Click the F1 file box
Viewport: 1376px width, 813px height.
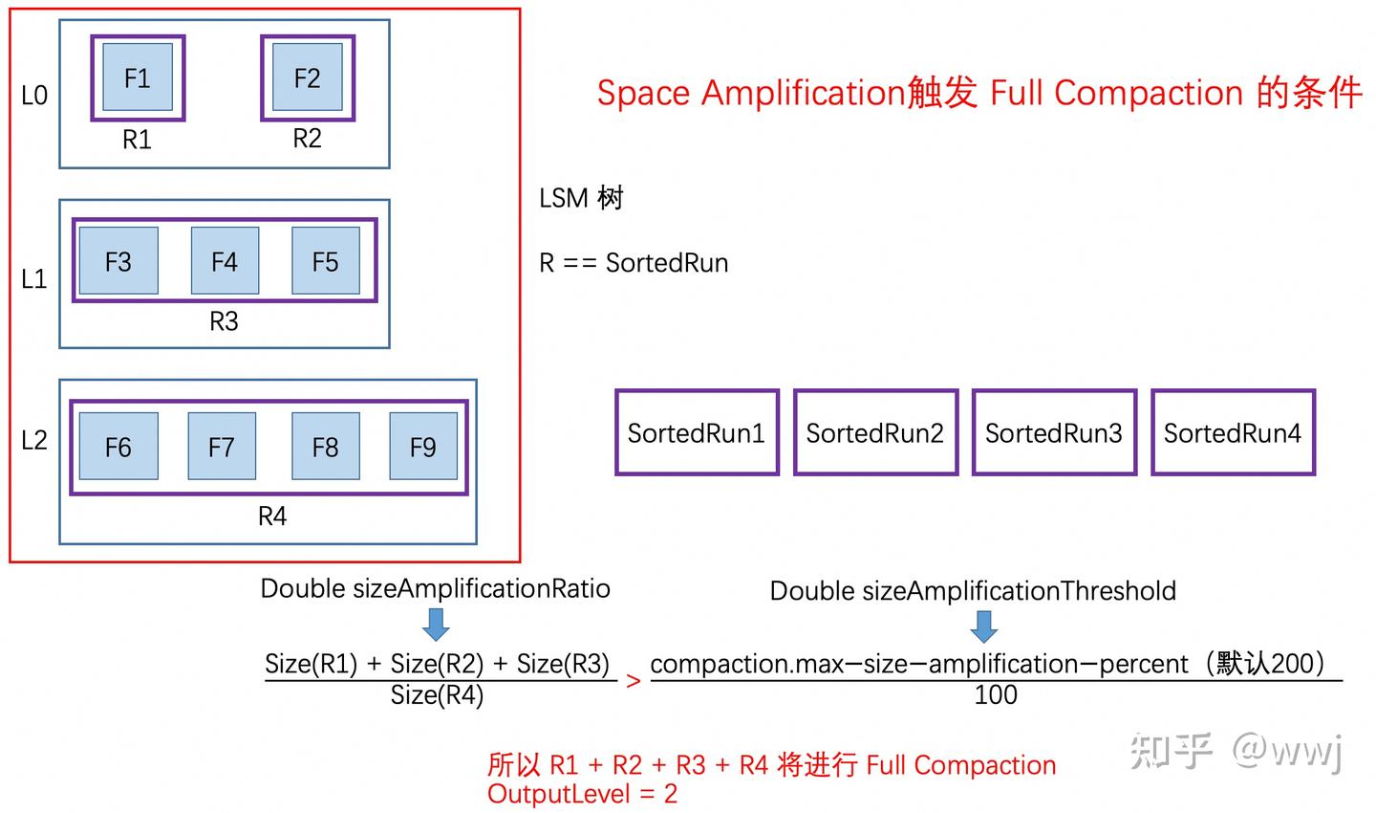pyautogui.click(x=138, y=77)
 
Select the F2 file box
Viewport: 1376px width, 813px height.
pyautogui.click(x=307, y=77)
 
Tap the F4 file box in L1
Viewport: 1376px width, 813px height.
pyautogui.click(x=225, y=261)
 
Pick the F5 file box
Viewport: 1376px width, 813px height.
pyautogui.click(x=325, y=261)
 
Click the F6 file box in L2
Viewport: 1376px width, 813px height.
pyautogui.click(x=118, y=447)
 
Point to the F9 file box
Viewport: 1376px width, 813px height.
pyautogui.click(x=422, y=447)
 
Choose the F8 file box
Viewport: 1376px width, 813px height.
pyautogui.click(x=325, y=447)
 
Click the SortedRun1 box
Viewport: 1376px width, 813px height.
pyautogui.click(x=697, y=432)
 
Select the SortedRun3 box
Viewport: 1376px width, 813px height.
pyautogui.click(x=1054, y=432)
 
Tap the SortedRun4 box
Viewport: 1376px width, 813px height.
pyautogui.click(x=1233, y=432)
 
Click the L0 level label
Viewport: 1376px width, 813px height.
pyautogui.click(x=34, y=96)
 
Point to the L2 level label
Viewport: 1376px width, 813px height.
pyautogui.click(x=34, y=440)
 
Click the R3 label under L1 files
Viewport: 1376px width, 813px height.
pyautogui.click(x=224, y=321)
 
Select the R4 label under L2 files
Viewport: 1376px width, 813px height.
pyautogui.click(x=272, y=516)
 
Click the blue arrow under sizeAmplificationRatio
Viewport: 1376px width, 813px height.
pyautogui.click(x=436, y=625)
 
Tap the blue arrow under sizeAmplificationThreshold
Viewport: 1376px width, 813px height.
pyautogui.click(x=983, y=626)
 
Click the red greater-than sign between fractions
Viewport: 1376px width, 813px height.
pyautogui.click(x=633, y=681)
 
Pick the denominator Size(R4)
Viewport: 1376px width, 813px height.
pyautogui.click(x=437, y=695)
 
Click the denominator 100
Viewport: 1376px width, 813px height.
pyautogui.click(x=996, y=695)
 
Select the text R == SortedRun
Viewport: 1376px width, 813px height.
pyautogui.click(x=634, y=263)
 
